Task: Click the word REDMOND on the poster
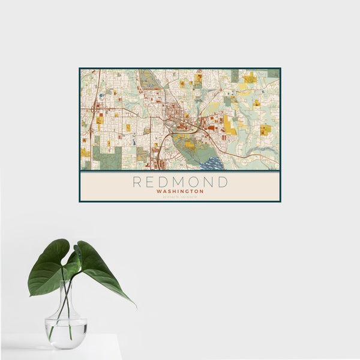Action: click(x=180, y=182)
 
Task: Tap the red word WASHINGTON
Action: click(x=179, y=191)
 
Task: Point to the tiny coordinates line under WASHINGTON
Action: click(x=179, y=196)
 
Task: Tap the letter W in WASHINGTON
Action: click(x=157, y=191)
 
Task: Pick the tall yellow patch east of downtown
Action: click(x=230, y=125)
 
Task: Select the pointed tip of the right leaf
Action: click(x=135, y=306)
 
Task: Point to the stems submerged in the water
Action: click(x=65, y=327)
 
